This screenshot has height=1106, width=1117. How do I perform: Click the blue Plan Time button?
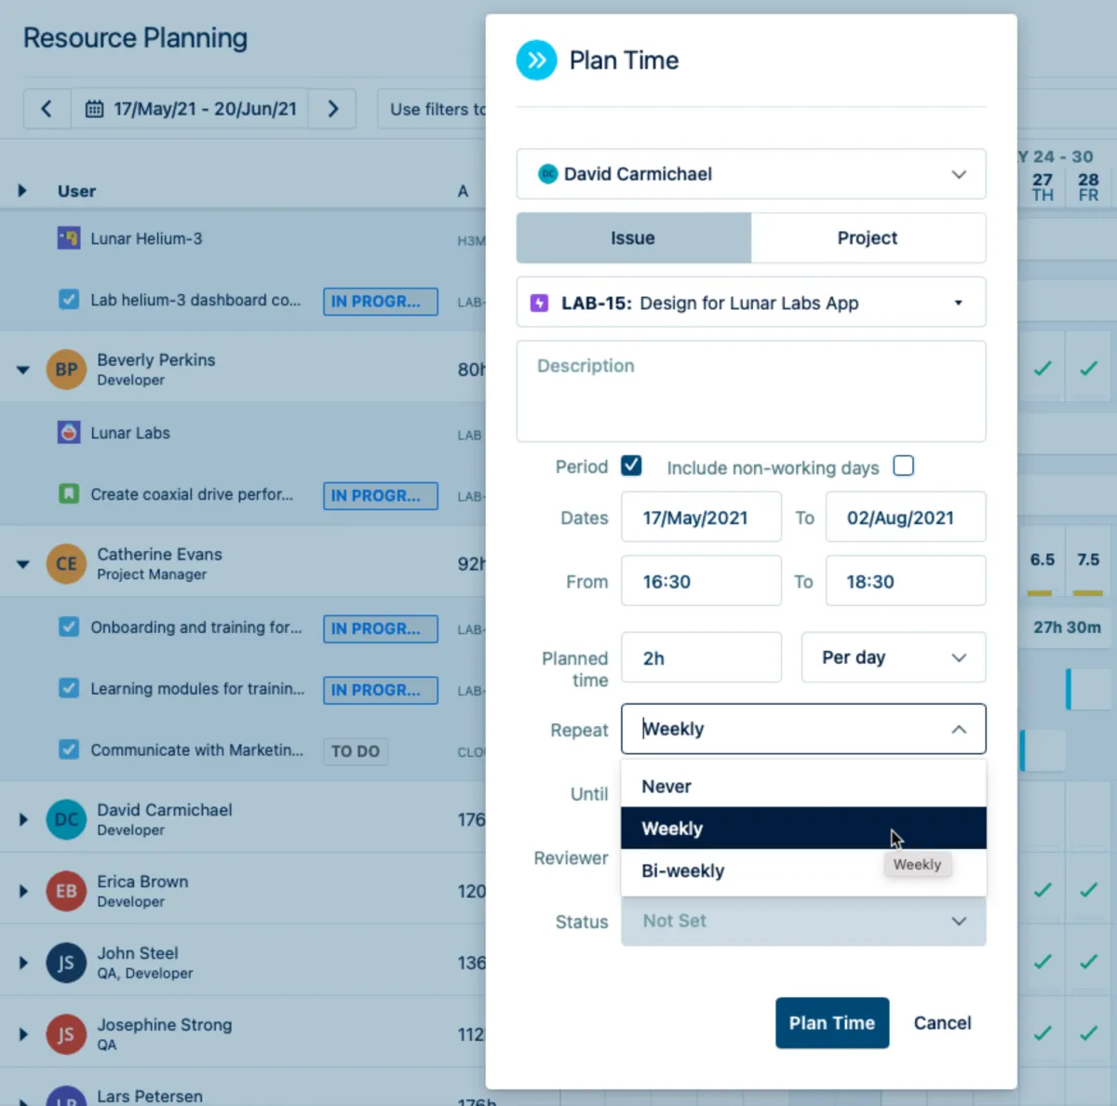(x=831, y=1022)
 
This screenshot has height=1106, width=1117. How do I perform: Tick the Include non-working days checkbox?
(x=903, y=465)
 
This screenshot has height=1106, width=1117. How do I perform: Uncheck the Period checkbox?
(x=631, y=465)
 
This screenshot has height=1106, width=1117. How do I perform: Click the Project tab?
(x=867, y=238)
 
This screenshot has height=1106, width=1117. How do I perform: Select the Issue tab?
(x=633, y=238)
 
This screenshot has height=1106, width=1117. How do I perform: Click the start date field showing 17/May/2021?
(x=701, y=518)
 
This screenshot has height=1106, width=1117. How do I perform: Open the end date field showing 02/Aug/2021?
(x=905, y=518)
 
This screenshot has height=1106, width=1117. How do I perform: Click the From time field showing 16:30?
(x=701, y=582)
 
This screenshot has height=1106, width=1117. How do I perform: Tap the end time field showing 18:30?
(x=905, y=582)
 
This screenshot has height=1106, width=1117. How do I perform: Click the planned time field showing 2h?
(x=701, y=658)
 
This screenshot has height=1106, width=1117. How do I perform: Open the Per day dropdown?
(x=893, y=658)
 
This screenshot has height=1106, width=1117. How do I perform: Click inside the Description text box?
(x=750, y=391)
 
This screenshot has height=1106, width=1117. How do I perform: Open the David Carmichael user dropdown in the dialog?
(x=750, y=174)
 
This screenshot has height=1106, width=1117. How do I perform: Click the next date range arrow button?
(x=332, y=109)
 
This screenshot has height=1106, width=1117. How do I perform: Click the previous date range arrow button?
(x=47, y=109)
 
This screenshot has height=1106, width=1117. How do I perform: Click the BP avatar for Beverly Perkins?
(x=66, y=370)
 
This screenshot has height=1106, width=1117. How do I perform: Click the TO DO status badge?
(x=356, y=751)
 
